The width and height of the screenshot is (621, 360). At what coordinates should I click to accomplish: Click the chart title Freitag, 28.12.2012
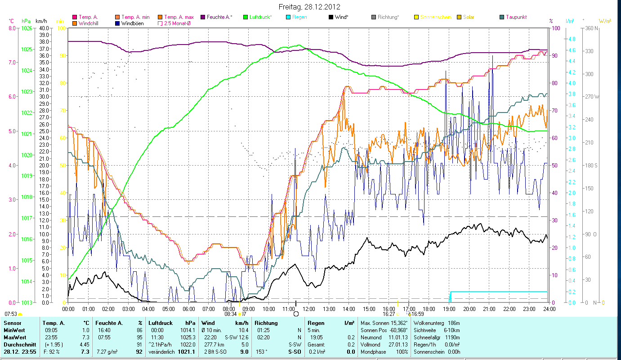click(309, 7)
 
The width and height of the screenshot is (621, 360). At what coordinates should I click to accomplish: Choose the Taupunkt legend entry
click(516, 17)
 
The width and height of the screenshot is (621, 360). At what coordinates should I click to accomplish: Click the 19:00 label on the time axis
click(449, 309)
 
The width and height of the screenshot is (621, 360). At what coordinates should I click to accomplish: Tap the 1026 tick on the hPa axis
click(27, 28)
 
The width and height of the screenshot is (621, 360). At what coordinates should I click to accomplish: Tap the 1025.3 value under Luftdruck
click(188, 337)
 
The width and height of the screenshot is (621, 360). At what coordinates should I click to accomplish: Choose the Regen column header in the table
click(316, 323)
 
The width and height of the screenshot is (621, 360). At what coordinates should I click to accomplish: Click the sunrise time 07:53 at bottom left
click(11, 314)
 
